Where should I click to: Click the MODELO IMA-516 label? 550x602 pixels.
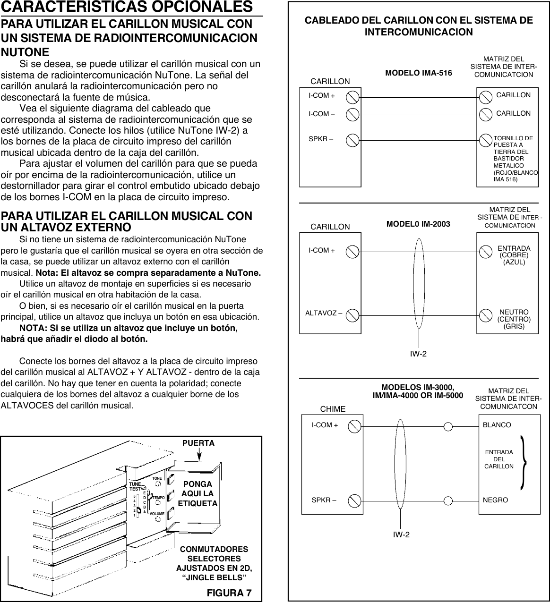[419, 73]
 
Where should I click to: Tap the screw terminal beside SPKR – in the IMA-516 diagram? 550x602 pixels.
[352, 140]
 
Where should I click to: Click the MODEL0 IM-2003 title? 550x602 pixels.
[418, 223]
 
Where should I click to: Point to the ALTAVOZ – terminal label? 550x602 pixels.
[324, 313]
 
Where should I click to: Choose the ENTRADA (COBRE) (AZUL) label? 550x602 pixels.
[514, 255]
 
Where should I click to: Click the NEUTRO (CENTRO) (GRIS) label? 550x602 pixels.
[514, 319]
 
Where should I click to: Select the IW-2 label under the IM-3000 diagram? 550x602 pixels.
[401, 534]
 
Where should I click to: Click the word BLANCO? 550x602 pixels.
[497, 425]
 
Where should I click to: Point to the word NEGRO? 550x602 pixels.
[495, 500]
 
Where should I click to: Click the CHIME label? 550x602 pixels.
[333, 408]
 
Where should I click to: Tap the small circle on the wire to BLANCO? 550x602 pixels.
[448, 426]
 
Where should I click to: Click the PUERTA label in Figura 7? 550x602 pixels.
[198, 443]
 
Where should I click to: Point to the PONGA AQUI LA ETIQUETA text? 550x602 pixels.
[198, 494]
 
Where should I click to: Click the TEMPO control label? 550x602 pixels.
[158, 498]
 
